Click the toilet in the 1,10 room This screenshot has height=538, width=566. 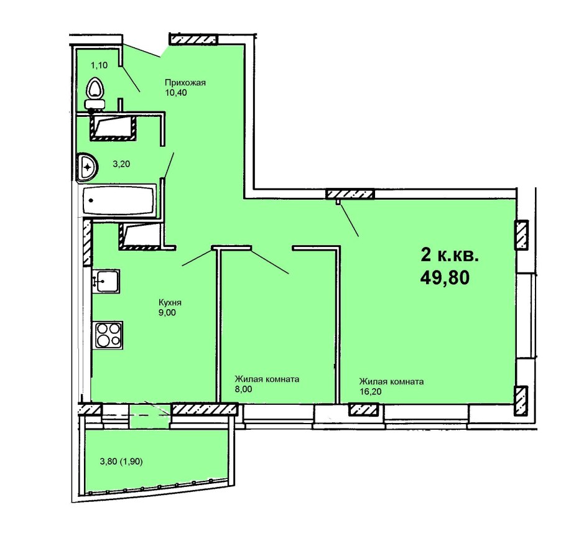(95, 93)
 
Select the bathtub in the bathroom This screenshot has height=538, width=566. (119, 200)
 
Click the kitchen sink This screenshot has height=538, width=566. (106, 281)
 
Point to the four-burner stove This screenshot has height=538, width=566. (109, 335)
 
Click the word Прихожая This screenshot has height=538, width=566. (185, 83)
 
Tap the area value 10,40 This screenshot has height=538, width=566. (176, 93)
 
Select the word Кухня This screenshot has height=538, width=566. (170, 302)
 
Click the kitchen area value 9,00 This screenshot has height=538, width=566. (167, 313)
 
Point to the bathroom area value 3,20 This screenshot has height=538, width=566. (121, 164)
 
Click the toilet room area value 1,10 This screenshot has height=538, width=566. (100, 65)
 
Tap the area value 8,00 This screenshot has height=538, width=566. (243, 389)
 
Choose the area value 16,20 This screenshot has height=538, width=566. (370, 391)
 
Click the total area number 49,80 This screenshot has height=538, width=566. (445, 278)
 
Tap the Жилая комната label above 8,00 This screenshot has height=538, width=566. (267, 379)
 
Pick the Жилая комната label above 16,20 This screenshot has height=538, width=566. (391, 382)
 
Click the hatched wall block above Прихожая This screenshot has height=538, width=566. (193, 39)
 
